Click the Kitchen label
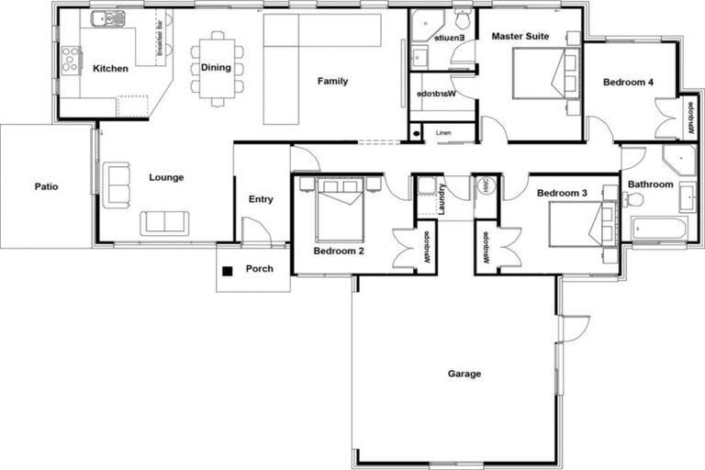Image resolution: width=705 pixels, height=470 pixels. coord(110,69)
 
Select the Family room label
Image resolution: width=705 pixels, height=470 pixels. coord(332,82)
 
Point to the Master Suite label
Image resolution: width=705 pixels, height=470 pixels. coord(520,37)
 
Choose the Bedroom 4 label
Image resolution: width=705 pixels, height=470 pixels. coord(628,83)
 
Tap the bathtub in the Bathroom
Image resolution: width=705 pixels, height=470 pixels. coord(658,228)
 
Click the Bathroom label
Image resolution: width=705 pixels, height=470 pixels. coord(650,185)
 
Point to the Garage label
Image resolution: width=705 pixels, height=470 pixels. coord(464,374)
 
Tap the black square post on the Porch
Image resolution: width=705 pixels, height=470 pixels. coord(227,270)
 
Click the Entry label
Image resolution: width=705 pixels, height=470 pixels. coord(261,199)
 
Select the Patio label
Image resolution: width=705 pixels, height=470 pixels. coord(47,186)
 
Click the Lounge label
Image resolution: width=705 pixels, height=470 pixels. coord(165,177)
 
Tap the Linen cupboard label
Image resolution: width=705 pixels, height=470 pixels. coord(443,132)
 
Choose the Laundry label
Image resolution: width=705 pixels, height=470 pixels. coord(442,202)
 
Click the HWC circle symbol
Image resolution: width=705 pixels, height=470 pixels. coord(486,185)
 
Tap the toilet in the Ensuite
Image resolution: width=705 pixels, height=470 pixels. coord(462,19)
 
